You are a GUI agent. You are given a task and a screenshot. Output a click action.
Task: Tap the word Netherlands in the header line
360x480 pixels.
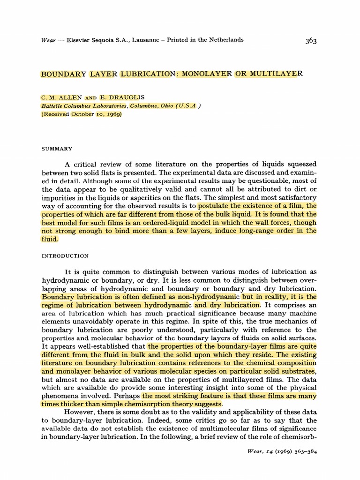tap(225, 40)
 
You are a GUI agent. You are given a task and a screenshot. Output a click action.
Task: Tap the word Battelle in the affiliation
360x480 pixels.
tap(52, 106)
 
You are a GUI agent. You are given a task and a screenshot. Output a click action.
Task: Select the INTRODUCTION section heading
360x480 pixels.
tap(65, 256)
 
